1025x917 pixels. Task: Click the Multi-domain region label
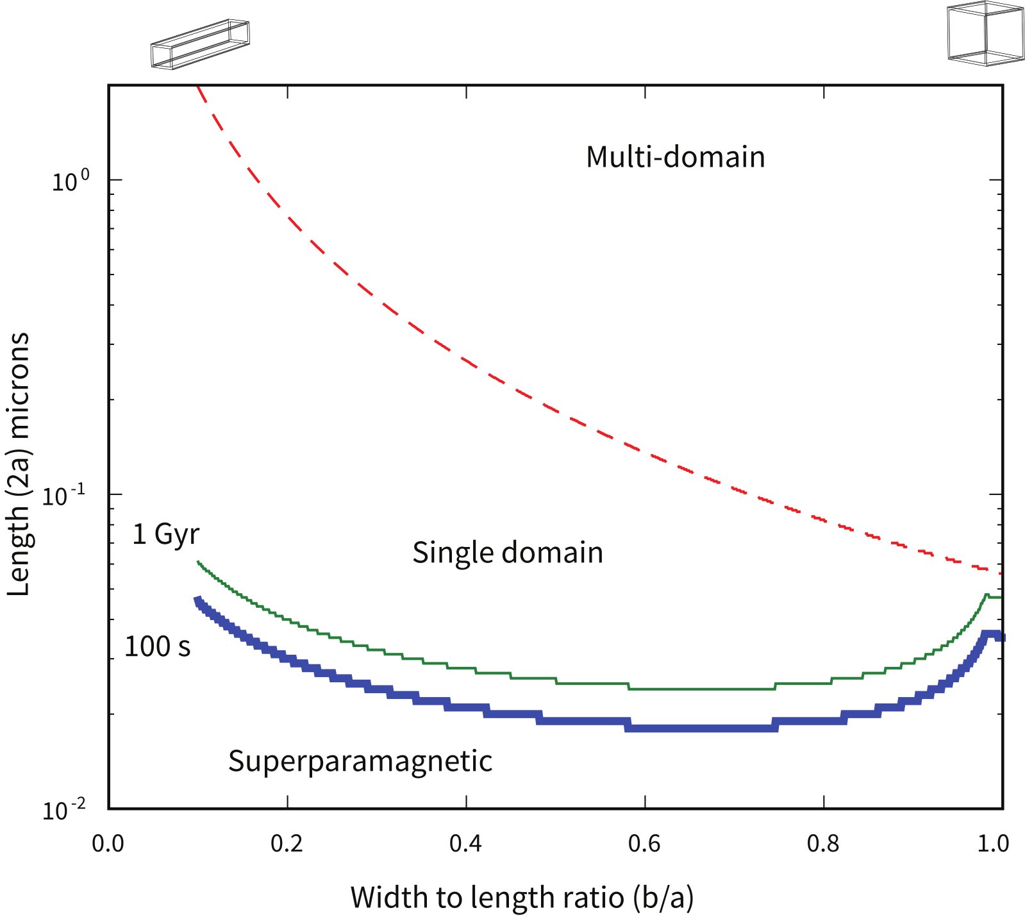click(675, 157)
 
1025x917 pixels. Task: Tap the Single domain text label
click(508, 553)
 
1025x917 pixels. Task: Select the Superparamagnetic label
click(360, 761)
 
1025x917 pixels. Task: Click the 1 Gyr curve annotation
click(165, 534)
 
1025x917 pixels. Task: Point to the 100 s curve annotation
click(157, 646)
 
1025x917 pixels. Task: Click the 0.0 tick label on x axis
click(108, 843)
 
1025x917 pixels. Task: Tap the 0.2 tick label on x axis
click(287, 843)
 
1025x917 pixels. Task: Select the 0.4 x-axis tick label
click(465, 843)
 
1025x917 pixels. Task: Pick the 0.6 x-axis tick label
click(644, 843)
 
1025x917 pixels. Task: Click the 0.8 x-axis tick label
click(823, 843)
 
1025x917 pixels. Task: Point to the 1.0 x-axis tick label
click(993, 843)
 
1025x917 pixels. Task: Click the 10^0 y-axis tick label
click(71, 181)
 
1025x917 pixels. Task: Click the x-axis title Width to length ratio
click(522, 897)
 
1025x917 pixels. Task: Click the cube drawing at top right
click(985, 33)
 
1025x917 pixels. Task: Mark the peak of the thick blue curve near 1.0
click(991, 634)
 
